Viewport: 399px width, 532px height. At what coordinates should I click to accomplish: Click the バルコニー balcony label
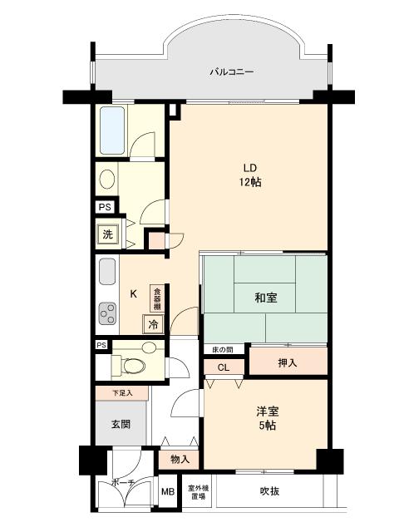point(230,72)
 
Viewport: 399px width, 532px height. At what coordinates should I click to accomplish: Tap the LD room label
point(249,166)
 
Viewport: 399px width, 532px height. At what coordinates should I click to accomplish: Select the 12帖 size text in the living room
point(249,182)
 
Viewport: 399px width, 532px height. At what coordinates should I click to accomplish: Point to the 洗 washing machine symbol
point(107,234)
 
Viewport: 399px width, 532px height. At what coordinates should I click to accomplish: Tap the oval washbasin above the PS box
point(107,179)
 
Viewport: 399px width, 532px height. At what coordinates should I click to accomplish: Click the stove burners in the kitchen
point(108,313)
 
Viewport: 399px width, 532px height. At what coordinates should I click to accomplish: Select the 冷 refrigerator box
point(153,324)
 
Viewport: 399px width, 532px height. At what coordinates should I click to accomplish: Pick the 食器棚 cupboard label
point(155,298)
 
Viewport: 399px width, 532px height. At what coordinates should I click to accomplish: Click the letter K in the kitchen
point(133,293)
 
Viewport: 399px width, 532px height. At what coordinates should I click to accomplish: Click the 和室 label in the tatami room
point(266,298)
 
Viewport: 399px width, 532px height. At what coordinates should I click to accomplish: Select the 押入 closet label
point(286,362)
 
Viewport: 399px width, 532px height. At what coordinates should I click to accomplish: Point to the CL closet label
point(224,367)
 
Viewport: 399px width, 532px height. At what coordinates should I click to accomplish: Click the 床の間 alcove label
point(223,350)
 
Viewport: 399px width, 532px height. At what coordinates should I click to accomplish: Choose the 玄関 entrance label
point(121,424)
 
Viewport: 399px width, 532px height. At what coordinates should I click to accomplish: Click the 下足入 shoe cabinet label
point(121,392)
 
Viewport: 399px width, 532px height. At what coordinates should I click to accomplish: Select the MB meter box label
point(168,492)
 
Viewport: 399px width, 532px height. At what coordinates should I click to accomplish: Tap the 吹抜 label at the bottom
point(268,491)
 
